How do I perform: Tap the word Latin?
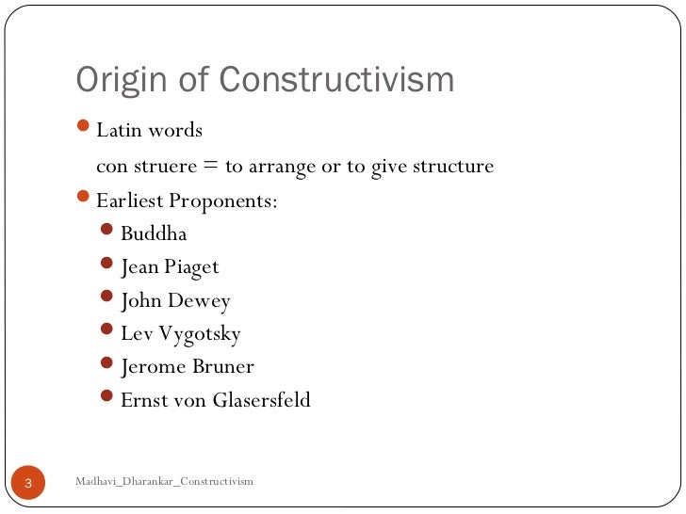[x=117, y=130]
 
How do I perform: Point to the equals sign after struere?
[x=208, y=167]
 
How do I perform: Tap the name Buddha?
[x=154, y=233]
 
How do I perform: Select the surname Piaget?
[x=191, y=267]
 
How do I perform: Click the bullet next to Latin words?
[x=83, y=127]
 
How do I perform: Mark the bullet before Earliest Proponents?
[x=83, y=199]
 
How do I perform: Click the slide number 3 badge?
[x=27, y=483]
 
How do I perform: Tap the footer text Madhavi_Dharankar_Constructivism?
[x=164, y=482]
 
